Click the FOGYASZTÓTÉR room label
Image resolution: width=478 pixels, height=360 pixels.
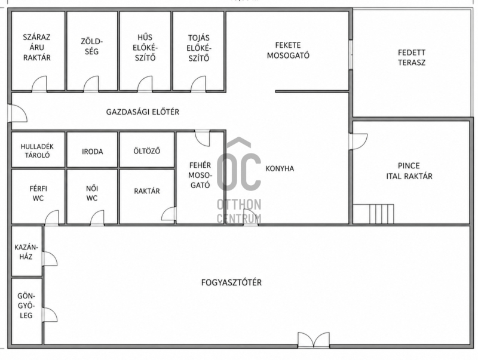[x=231, y=282]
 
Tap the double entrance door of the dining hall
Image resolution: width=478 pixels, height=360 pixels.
[x=313, y=340]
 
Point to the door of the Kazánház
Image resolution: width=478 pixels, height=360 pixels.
[x=50, y=259]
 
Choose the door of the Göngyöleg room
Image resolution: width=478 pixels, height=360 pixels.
[x=50, y=315]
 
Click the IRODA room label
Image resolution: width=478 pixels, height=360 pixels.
[x=93, y=152]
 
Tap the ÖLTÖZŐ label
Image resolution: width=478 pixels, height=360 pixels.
[x=147, y=151]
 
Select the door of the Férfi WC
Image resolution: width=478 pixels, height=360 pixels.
[x=51, y=218]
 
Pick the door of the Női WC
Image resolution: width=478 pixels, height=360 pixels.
[x=97, y=218]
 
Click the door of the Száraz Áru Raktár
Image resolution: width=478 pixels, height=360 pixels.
[x=39, y=84]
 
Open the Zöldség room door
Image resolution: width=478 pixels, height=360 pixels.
[x=91, y=84]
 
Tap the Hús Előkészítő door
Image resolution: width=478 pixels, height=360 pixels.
[x=145, y=84]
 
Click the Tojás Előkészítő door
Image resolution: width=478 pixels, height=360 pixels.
[x=198, y=84]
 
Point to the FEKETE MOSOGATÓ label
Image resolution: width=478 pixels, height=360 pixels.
[x=288, y=50]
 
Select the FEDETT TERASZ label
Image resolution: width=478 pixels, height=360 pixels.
[x=412, y=57]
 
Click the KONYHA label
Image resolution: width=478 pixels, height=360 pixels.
[x=280, y=169]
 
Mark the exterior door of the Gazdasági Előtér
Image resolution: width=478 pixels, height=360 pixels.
[x=17, y=113]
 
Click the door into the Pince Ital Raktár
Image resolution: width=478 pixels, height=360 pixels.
[x=358, y=141]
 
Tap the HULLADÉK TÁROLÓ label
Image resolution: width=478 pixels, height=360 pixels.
[x=37, y=151]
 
